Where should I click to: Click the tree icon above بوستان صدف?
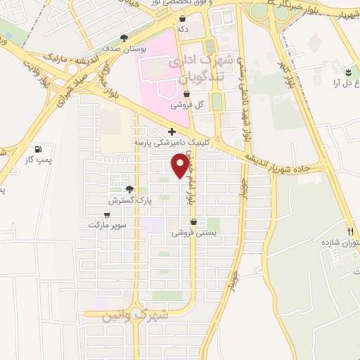tap(124, 38)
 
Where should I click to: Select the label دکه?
tap(183, 30)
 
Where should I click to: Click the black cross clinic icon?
tap(172, 131)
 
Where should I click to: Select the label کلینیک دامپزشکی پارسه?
tap(172, 142)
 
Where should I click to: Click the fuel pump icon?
tap(38, 149)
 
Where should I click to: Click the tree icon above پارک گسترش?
tap(129, 189)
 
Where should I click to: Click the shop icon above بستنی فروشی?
tap(193, 222)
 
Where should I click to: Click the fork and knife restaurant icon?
tap(350, 231)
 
